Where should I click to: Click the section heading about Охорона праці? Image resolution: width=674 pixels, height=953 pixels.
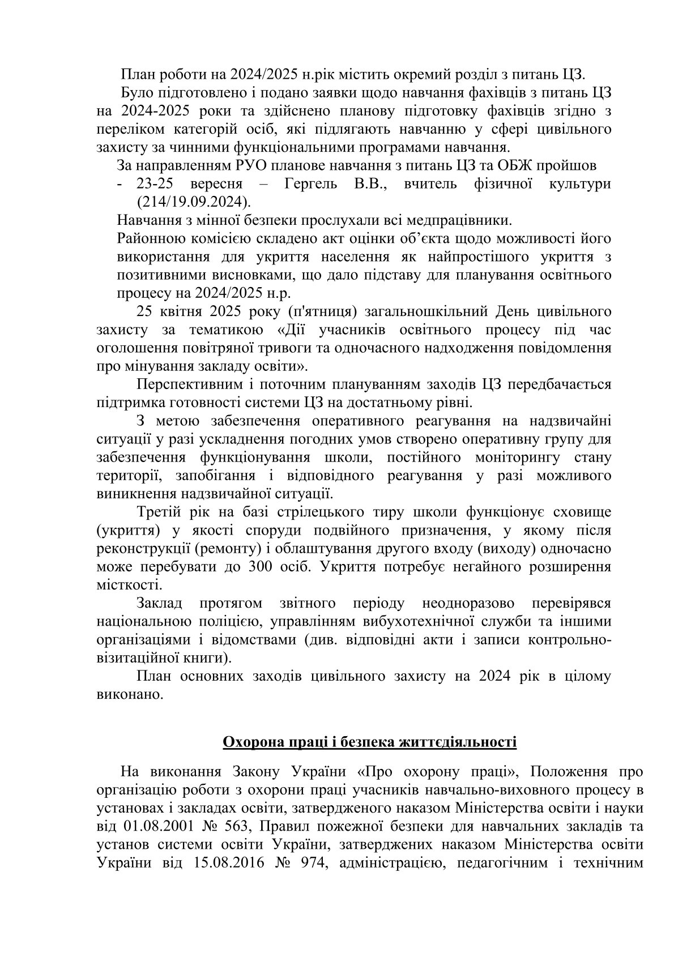coord(369,742)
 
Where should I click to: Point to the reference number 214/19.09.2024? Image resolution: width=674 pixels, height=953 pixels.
coord(193,201)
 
